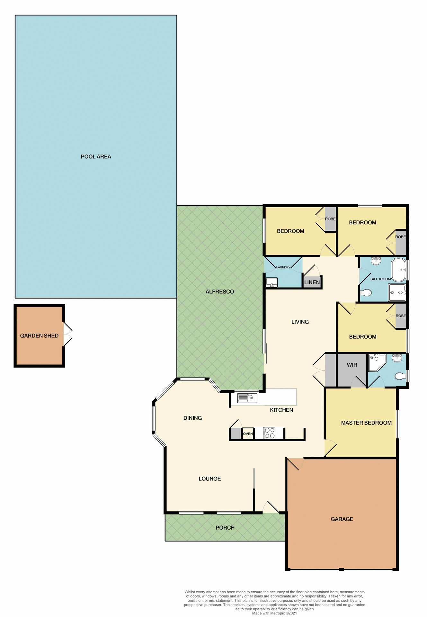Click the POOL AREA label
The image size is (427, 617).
[96, 157]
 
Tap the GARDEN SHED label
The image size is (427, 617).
[39, 336]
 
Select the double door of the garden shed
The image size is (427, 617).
[67, 335]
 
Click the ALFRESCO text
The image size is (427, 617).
[220, 292]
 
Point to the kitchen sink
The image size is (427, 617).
[247, 398]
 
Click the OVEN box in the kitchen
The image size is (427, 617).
[248, 434]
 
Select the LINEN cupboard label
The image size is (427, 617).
[312, 282]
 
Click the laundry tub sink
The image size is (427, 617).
[272, 282]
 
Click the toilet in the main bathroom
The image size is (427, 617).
[366, 293]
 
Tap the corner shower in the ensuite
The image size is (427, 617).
[376, 362]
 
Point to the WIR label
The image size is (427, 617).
[352, 365]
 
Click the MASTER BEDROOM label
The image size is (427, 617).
[366, 423]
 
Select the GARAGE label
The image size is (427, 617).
[342, 519]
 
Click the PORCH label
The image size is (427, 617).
[225, 528]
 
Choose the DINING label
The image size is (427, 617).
[192, 418]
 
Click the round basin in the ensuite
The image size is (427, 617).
[397, 358]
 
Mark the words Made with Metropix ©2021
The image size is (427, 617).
[274, 613]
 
